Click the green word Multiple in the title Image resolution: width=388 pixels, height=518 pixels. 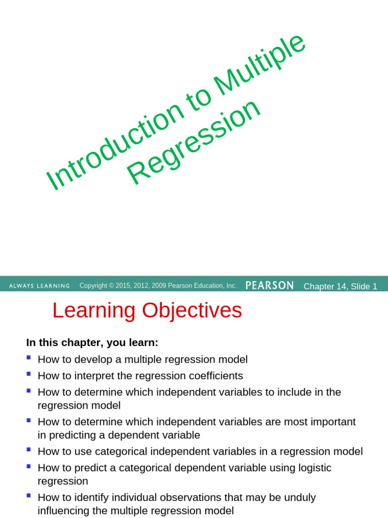(x=261, y=65)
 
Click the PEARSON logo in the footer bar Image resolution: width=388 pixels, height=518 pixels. (x=269, y=285)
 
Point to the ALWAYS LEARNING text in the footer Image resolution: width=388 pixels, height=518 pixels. (x=39, y=286)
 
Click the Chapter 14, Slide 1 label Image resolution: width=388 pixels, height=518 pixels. (x=340, y=286)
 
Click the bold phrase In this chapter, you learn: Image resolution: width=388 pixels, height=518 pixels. (x=92, y=343)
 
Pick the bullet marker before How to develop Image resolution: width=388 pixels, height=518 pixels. (x=28, y=358)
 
